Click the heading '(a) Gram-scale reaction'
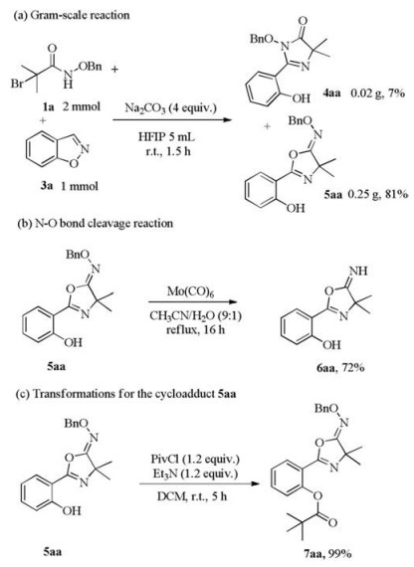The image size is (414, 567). tap(71, 15)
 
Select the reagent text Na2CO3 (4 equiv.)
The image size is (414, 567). tap(170, 107)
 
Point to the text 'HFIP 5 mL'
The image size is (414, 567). tap(166, 137)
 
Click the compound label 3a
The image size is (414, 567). tap(47, 186)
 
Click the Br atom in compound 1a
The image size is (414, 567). tap(16, 84)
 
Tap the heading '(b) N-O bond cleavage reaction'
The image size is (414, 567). tap(96, 223)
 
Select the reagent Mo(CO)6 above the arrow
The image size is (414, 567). tap(190, 291)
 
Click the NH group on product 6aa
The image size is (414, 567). tap(358, 271)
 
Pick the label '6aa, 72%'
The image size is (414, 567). tap(340, 368)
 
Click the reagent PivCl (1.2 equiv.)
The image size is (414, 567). tap(195, 460)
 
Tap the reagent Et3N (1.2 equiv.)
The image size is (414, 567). tap(195, 473)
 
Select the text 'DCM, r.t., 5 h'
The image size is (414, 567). tap(192, 496)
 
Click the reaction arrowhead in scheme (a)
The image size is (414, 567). tap(227, 119)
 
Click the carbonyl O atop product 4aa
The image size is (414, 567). tap(304, 20)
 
